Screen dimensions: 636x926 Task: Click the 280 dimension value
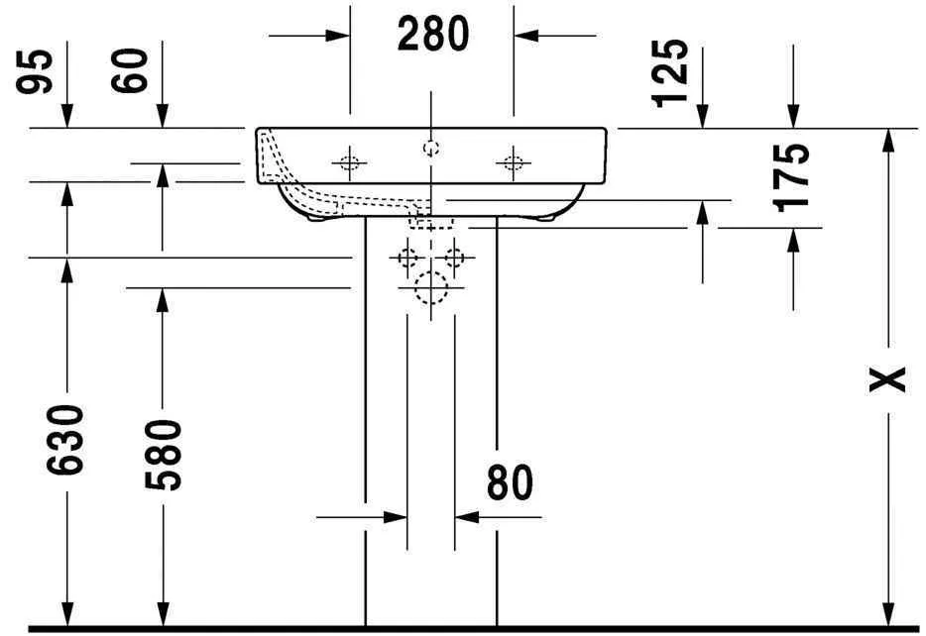pyautogui.click(x=432, y=35)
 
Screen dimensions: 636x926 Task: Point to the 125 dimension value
pyautogui.click(x=671, y=71)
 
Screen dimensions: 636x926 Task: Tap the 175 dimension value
pyautogui.click(x=792, y=176)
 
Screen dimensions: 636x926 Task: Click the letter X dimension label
pyautogui.click(x=888, y=378)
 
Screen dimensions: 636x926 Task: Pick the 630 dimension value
pyautogui.click(x=66, y=438)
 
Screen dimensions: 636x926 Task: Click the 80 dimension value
pyautogui.click(x=510, y=482)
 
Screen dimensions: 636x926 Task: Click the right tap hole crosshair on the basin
pyautogui.click(x=513, y=161)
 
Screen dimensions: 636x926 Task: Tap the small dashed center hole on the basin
pyautogui.click(x=430, y=149)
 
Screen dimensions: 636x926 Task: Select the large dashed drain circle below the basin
pyautogui.click(x=431, y=287)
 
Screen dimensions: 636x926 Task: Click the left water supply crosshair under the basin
pyautogui.click(x=406, y=259)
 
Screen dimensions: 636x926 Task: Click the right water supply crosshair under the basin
pyautogui.click(x=454, y=259)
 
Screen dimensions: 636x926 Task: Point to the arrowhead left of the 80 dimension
pyautogui.click(x=396, y=516)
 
